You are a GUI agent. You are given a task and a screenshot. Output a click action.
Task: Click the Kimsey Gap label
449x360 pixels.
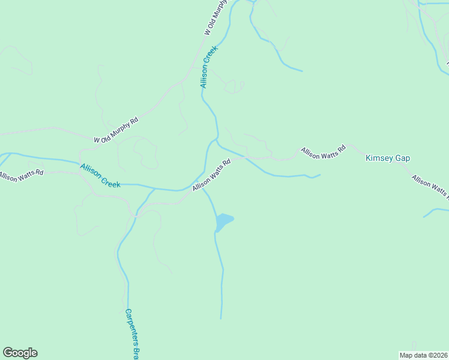pyautogui.click(x=387, y=158)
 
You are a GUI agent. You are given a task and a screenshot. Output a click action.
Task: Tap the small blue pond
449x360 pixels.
pyautogui.click(x=223, y=222)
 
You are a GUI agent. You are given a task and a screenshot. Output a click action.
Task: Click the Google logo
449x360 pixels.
pyautogui.click(x=20, y=353)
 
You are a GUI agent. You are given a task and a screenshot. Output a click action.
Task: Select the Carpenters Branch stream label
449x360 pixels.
pyautogui.click(x=132, y=334)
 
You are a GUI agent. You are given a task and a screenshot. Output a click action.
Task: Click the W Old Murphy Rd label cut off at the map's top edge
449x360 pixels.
pyautogui.click(x=217, y=18)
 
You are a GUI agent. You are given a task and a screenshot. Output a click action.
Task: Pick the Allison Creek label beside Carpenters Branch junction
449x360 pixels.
pyautogui.click(x=100, y=175)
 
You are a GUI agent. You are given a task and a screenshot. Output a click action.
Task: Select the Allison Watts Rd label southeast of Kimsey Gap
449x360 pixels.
pyautogui.click(x=430, y=186)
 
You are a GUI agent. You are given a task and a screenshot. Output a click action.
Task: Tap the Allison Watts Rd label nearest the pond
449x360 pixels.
pyautogui.click(x=212, y=175)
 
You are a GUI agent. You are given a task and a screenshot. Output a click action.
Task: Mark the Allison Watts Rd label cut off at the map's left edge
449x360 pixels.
pyautogui.click(x=22, y=175)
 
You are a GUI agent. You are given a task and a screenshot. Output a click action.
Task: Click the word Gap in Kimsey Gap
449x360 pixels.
pyautogui.click(x=402, y=158)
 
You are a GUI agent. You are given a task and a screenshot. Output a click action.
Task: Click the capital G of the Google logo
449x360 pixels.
pyautogui.click(x=8, y=353)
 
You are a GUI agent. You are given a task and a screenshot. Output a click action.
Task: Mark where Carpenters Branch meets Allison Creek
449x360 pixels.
pyautogui.click(x=155, y=189)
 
